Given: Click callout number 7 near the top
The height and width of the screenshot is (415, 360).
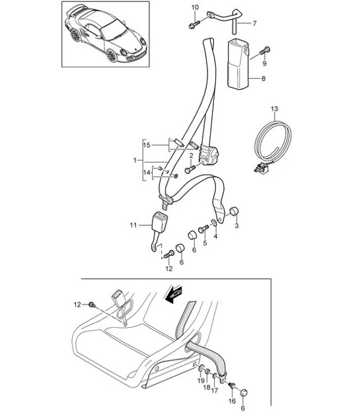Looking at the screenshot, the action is click(254, 23).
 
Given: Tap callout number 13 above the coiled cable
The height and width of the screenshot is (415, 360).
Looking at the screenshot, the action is click(274, 109).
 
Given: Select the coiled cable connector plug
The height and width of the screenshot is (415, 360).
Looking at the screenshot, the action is click(260, 168).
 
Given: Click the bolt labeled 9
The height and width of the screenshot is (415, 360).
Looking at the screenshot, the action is click(264, 50).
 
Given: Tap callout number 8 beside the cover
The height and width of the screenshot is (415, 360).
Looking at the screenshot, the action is click(263, 79).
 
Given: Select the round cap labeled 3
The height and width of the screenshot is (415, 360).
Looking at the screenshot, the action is click(234, 211).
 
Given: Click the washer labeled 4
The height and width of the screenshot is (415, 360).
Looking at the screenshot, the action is click(214, 223).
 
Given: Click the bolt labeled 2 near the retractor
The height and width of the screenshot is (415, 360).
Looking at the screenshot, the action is click(190, 169).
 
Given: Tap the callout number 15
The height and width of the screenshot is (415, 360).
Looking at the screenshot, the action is click(147, 145).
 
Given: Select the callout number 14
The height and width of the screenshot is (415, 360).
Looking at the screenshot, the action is click(147, 172).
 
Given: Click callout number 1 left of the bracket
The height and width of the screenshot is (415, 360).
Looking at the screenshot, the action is click(135, 161).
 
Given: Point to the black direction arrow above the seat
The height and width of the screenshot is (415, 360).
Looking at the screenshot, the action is click(172, 294).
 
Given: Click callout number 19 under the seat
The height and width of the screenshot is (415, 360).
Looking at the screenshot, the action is click(201, 381).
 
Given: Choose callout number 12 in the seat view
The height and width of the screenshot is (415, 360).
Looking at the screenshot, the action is click(77, 305).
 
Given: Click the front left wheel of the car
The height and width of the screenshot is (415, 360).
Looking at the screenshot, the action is click(112, 56).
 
